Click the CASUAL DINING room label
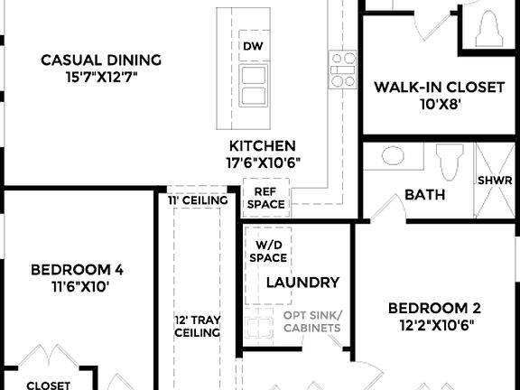pyautogui.click(x=101, y=60)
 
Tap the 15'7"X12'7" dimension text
pyautogui.click(x=101, y=78)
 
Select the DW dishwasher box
pyautogui.click(x=253, y=46)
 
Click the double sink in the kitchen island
pyautogui.click(x=253, y=85)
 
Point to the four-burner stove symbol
pyautogui.click(x=342, y=70)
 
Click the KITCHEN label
pyautogui.click(x=263, y=145)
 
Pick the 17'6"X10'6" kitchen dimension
pyautogui.click(x=264, y=162)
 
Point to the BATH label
pyautogui.click(x=423, y=194)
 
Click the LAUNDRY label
pyautogui.click(x=302, y=283)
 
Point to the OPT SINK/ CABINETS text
pyautogui.click(x=311, y=321)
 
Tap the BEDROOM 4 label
pyautogui.click(x=77, y=269)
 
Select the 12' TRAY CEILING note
pyautogui.click(x=197, y=326)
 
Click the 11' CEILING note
pyautogui.click(x=196, y=200)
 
